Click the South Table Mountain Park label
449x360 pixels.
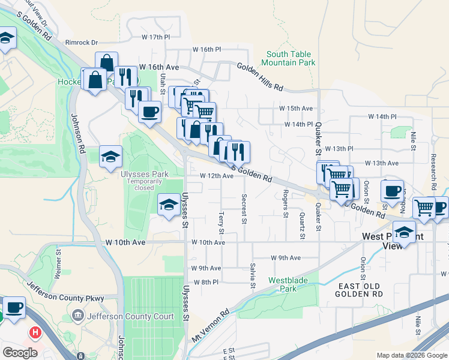[291, 58]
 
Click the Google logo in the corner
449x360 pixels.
[20, 352]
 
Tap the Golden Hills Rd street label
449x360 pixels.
[260, 77]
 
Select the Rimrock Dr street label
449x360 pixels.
[81, 43]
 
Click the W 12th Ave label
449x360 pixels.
[216, 176]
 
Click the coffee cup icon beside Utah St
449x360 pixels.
[149, 110]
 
